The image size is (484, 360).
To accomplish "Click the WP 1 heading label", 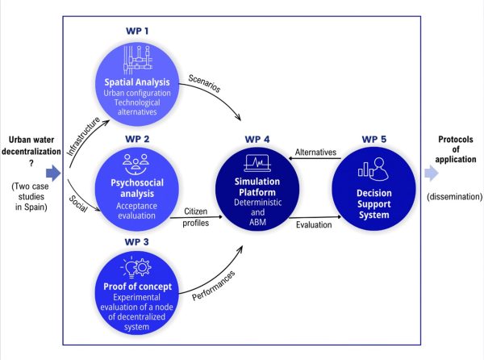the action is coord(137,31).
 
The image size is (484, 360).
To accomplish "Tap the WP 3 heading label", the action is coord(136,242).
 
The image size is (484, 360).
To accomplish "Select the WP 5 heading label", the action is coord(373,140).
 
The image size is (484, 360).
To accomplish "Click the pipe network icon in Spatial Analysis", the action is coord(138,60).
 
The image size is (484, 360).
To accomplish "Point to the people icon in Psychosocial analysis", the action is coord(136,164).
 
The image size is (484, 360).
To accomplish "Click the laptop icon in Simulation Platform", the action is coord(257,163).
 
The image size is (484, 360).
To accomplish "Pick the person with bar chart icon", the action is coord(373,169).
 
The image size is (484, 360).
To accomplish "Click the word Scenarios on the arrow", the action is coord(204,83).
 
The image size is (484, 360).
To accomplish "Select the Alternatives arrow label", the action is coord(315,153).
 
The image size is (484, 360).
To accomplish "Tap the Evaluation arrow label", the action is coord(314,224).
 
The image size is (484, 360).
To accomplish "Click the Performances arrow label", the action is coord(213,286).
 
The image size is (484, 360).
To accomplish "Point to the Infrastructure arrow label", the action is coord(84,136).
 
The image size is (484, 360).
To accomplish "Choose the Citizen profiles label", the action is coord(196,217).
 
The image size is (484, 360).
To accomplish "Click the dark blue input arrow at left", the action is coord(53,173).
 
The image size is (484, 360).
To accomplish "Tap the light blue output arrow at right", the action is coord(432,173).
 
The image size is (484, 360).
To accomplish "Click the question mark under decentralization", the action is coord(31,163).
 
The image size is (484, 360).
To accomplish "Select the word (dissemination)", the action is coord(454,197).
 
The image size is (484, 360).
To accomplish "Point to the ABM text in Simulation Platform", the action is coord(258,222).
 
